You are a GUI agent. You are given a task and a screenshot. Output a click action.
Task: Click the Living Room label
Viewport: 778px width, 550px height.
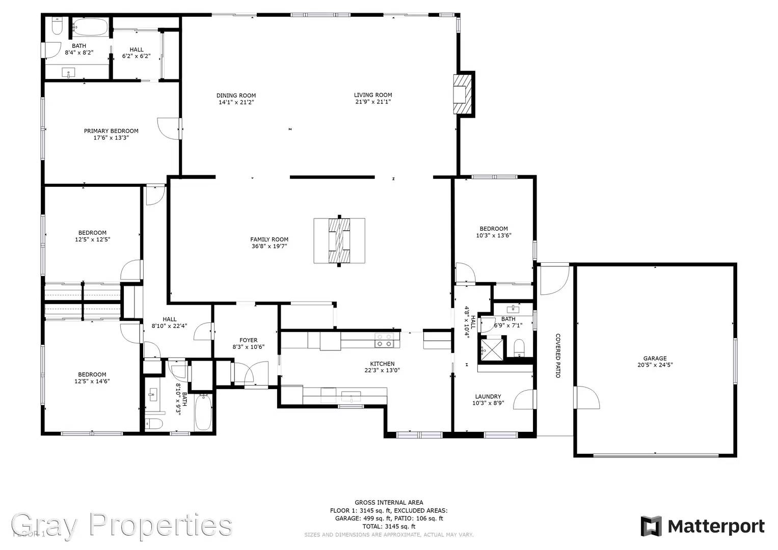[x=373, y=95]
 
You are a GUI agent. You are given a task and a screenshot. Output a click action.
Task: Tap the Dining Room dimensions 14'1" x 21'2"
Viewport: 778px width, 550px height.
[x=236, y=102]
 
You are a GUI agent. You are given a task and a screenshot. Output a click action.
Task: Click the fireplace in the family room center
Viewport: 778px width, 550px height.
[x=339, y=241]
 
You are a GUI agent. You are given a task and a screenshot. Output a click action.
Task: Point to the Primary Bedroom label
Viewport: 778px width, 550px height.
[x=111, y=131]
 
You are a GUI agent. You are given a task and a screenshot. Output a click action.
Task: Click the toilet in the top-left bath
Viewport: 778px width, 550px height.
[x=57, y=26]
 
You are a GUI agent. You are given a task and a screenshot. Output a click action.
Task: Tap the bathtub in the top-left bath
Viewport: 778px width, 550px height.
[x=90, y=26]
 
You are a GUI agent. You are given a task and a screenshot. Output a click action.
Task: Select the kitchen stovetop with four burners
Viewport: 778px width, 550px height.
[x=384, y=340]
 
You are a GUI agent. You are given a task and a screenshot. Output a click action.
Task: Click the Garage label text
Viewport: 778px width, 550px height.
[x=655, y=359]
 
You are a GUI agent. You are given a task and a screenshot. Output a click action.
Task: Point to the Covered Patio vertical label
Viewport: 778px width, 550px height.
[x=558, y=355]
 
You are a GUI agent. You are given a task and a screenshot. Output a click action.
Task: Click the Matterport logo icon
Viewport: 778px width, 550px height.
[x=651, y=526]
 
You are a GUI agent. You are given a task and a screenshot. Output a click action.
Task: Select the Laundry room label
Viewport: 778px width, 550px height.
[x=488, y=396]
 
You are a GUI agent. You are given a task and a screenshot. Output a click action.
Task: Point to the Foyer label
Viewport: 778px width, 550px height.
[x=249, y=340]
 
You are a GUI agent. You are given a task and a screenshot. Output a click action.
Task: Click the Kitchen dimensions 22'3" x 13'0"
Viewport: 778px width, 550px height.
[x=382, y=371]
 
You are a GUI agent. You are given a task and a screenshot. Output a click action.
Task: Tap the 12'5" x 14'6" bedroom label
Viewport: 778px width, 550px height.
[x=92, y=378]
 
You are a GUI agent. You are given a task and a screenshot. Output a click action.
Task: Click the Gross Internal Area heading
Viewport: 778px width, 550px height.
[x=389, y=503]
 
